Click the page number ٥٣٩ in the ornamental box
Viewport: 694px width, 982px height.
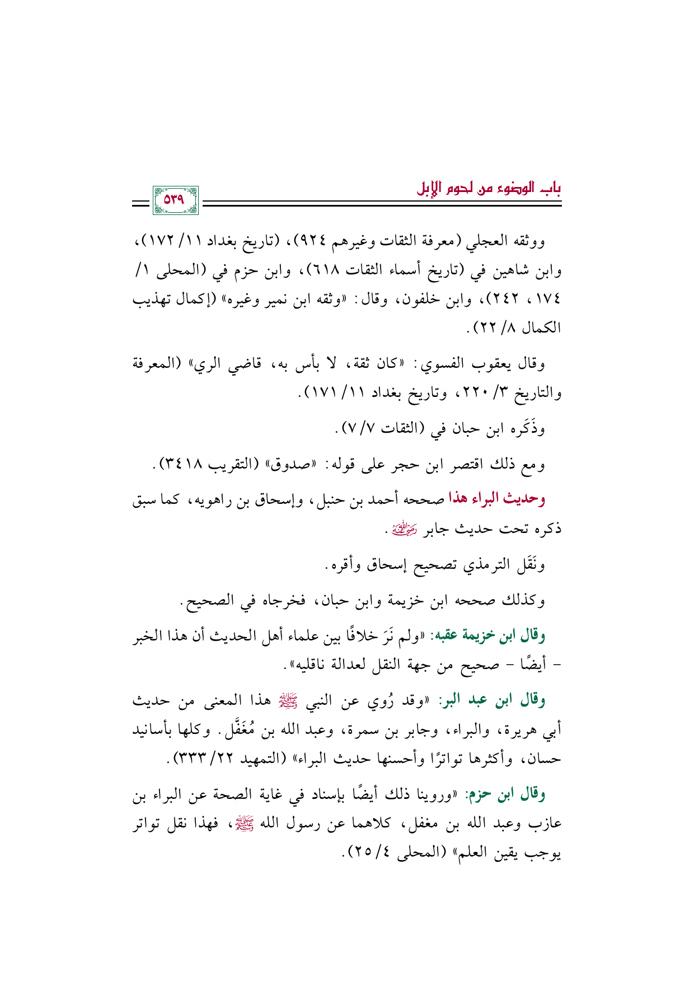click(175, 200)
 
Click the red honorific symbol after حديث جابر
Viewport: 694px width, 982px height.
click(405, 528)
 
